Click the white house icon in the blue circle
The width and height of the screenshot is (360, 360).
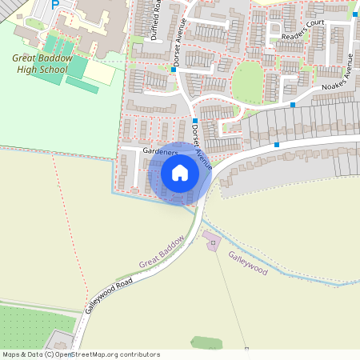click(x=180, y=173)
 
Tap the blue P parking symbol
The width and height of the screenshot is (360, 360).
click(x=55, y=4)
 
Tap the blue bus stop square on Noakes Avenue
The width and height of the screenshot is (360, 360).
click(x=294, y=105)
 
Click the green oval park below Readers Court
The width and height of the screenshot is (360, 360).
click(x=247, y=82)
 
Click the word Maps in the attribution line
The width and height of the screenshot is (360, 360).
click(x=11, y=354)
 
